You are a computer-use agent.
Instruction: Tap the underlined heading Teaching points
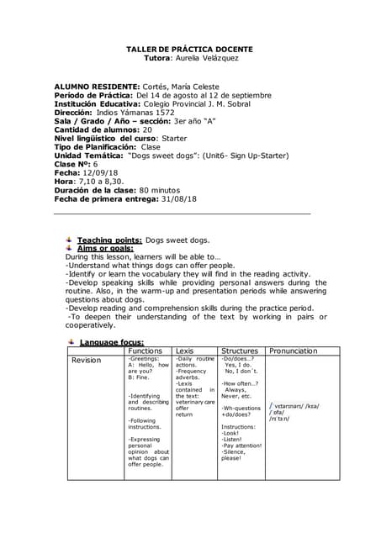click(x=109, y=240)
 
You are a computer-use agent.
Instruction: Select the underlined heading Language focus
click(x=113, y=342)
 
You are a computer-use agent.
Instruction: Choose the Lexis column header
click(x=186, y=351)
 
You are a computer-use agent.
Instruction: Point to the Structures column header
click(x=240, y=351)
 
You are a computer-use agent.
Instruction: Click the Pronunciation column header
click(x=294, y=351)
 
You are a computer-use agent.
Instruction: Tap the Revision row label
click(x=86, y=360)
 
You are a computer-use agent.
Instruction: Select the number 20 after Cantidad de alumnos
click(x=147, y=129)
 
